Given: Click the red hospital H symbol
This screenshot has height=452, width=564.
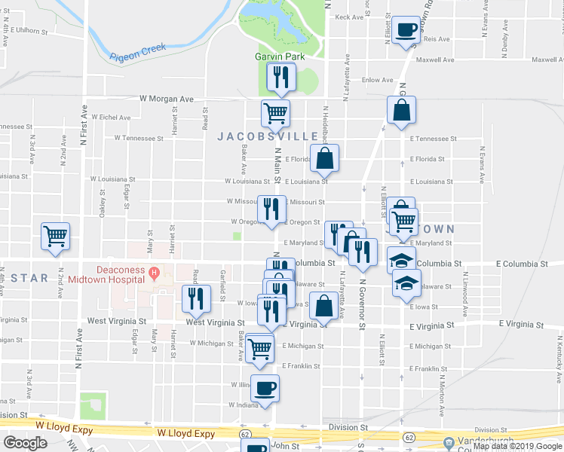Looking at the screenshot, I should click(x=154, y=272).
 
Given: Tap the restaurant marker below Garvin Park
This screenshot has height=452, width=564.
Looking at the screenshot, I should click(x=281, y=77).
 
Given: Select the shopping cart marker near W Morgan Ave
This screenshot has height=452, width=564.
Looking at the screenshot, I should click(x=275, y=115).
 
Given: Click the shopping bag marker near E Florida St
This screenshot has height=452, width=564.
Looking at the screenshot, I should click(x=324, y=158).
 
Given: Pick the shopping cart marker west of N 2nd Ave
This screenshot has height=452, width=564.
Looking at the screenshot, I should click(x=56, y=236).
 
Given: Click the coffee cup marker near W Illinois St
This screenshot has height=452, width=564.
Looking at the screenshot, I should click(x=265, y=389).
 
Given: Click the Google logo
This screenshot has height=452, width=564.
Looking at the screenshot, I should click(x=26, y=443).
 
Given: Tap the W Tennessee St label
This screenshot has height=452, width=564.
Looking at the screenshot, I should click(x=139, y=139).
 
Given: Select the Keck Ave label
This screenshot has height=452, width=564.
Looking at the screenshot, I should click(x=349, y=17).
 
